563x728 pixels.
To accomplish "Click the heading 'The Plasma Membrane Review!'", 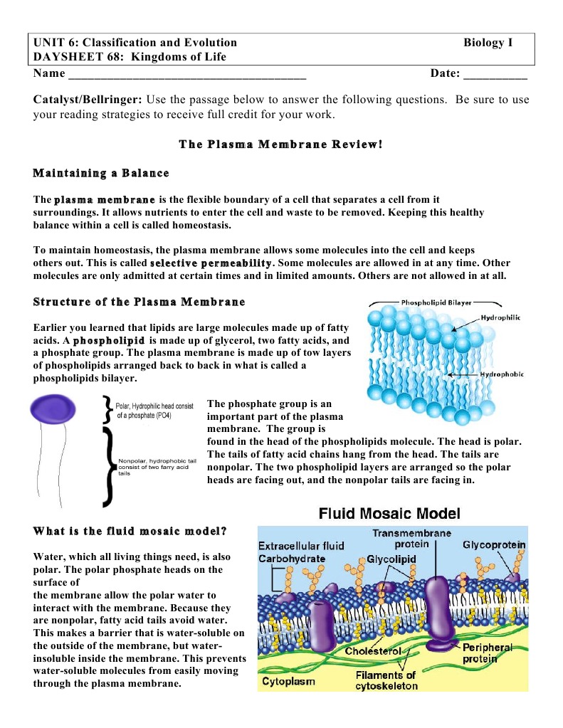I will pos(281,144).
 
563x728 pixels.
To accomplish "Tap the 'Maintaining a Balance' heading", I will pos(101,173).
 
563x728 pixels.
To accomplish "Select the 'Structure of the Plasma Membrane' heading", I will pos(139,302).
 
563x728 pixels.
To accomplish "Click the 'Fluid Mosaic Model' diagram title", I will pos(389,513).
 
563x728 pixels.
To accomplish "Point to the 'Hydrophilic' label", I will pos(501,317).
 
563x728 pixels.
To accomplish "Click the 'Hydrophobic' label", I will pos(502,374).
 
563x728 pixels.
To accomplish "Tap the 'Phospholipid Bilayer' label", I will pos(436,302).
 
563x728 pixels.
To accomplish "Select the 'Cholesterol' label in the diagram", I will pos(373,651).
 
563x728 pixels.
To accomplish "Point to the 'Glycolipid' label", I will pos(391,559).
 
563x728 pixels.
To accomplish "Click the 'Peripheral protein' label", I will pos(487,653).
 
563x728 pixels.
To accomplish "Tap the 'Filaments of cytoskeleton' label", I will pos(386,680).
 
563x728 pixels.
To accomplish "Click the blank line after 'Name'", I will pos(186,74).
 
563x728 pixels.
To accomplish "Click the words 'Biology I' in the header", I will pos(488,43).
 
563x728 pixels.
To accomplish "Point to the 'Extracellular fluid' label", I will pos(301,546).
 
